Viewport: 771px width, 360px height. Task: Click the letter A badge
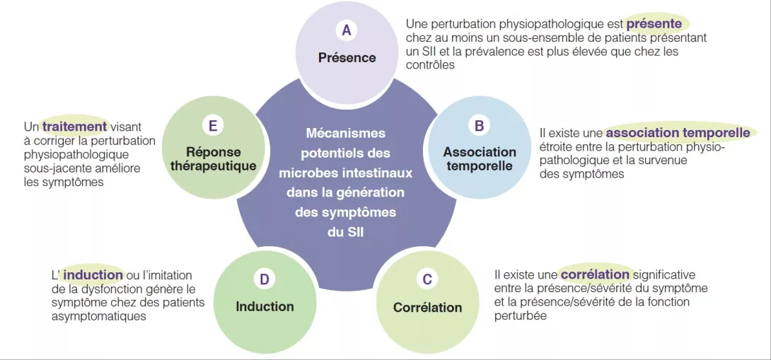tap(346, 30)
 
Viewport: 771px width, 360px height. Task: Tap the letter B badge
tap(479, 125)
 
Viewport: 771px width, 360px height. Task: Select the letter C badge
tap(427, 279)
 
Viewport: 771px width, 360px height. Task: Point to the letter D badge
tap(265, 279)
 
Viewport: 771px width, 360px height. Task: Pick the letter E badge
tap(212, 126)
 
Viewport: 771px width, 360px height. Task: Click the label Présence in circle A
tap(347, 57)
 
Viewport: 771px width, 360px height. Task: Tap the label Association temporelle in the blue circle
tap(480, 159)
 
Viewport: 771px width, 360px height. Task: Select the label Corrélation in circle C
tap(427, 307)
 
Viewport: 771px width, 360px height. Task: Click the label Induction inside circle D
tap(265, 306)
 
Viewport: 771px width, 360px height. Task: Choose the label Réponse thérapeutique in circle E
tap(213, 159)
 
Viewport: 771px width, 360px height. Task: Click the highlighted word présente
tap(654, 23)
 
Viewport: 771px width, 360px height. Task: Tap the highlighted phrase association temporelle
tap(678, 132)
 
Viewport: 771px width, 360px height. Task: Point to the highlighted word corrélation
tap(595, 274)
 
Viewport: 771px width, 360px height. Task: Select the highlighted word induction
tap(93, 274)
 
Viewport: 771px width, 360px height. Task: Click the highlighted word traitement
tap(74, 127)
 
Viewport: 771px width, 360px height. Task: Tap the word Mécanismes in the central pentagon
tap(345, 133)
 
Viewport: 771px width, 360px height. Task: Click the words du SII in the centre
tap(345, 232)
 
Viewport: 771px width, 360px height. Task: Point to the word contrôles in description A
tap(430, 64)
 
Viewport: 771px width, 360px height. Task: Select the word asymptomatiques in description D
tap(98, 316)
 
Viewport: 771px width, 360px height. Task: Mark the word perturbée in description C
tap(520, 315)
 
